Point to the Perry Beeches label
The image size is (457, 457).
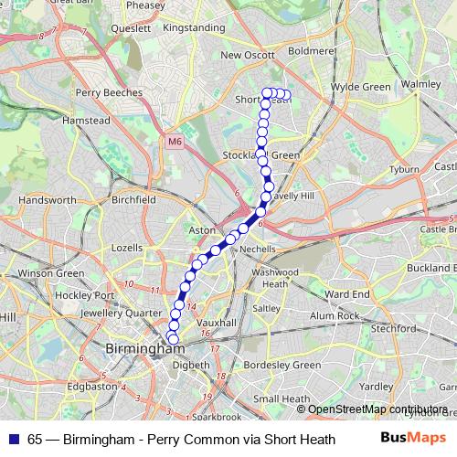pos(110,92)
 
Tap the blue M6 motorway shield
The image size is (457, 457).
pos(176,142)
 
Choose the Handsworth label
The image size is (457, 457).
pos(47,199)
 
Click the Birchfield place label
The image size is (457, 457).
pos(133,198)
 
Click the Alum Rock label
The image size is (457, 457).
pos(335,315)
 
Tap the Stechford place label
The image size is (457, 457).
pos(395,326)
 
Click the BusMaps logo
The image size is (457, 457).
pos(413,438)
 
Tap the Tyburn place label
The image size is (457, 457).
pos(403,170)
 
